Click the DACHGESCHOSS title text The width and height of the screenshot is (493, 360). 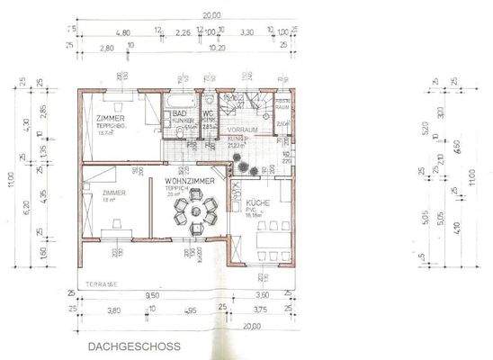pos(133,345)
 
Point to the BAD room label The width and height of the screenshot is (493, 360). pos(179,114)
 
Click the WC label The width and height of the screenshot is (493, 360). pos(208,114)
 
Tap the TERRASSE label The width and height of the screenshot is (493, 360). pos(98,283)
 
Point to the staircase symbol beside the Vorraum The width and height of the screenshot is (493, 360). pos(240,104)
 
